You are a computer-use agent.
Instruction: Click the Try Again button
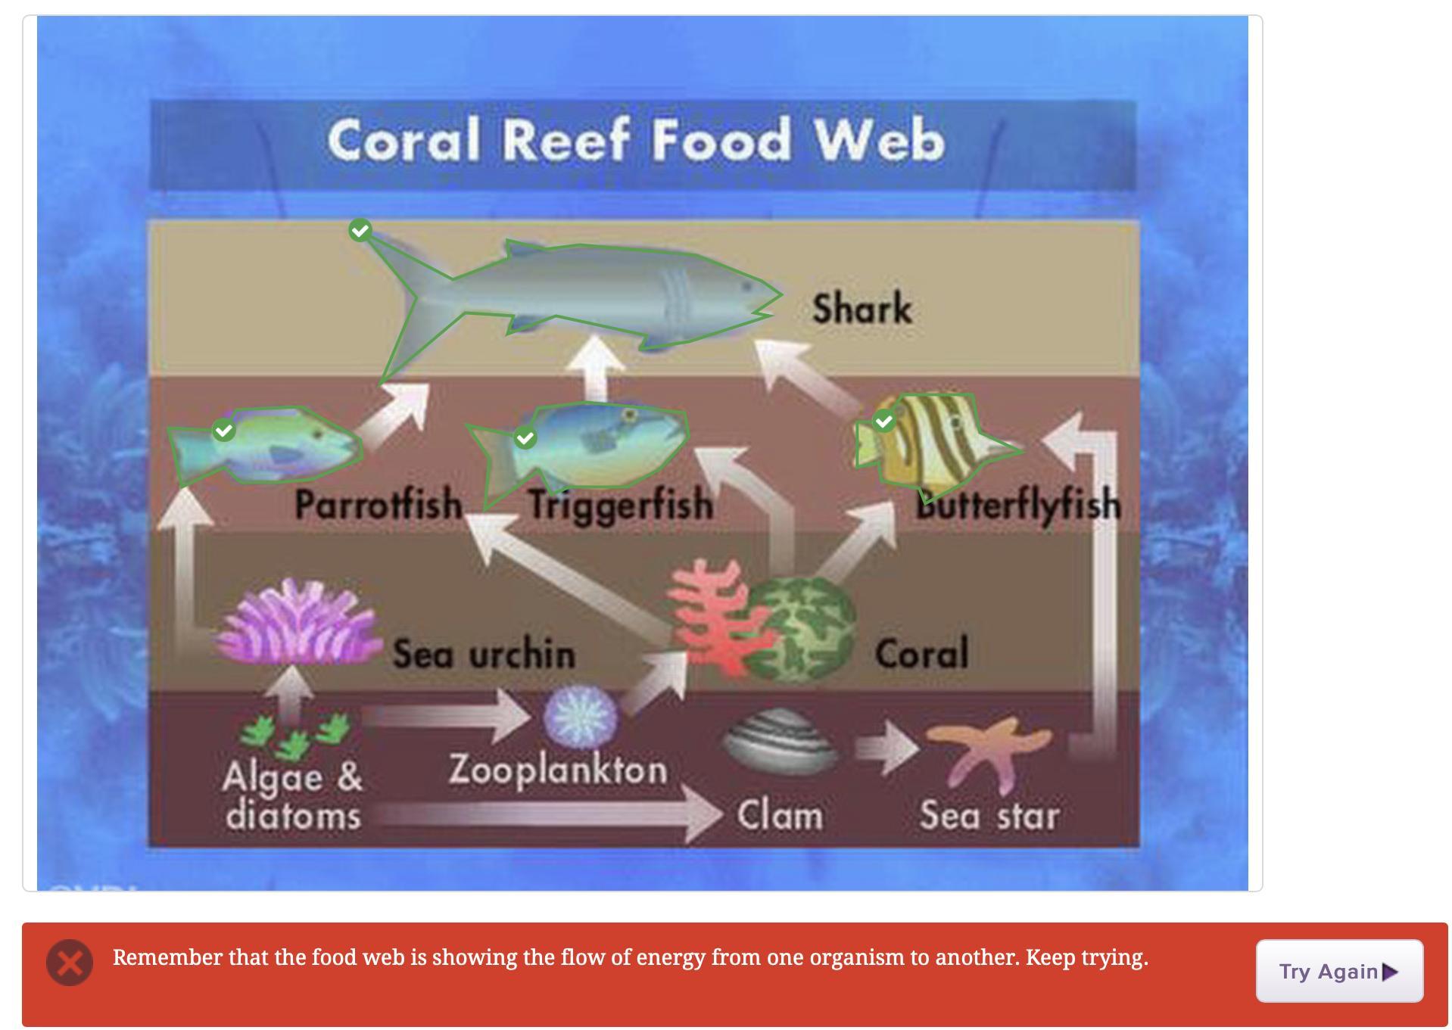click(1338, 971)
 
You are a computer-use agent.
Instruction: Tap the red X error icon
click(70, 963)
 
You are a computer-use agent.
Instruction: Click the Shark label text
click(862, 309)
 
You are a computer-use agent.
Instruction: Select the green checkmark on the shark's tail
click(360, 230)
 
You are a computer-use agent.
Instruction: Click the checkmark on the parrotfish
click(223, 431)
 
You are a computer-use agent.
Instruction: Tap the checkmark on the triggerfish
click(525, 438)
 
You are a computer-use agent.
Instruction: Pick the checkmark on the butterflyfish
click(884, 422)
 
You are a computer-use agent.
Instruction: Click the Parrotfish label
click(379, 504)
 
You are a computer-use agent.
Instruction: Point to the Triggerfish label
click(621, 505)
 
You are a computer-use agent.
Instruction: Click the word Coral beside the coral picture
click(922, 653)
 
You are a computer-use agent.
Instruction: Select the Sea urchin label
click(485, 654)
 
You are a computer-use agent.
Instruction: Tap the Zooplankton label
click(559, 770)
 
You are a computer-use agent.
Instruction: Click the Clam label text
click(780, 816)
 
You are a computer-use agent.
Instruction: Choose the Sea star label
click(989, 816)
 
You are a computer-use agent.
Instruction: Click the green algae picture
click(295, 735)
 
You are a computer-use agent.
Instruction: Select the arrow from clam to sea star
click(886, 748)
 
